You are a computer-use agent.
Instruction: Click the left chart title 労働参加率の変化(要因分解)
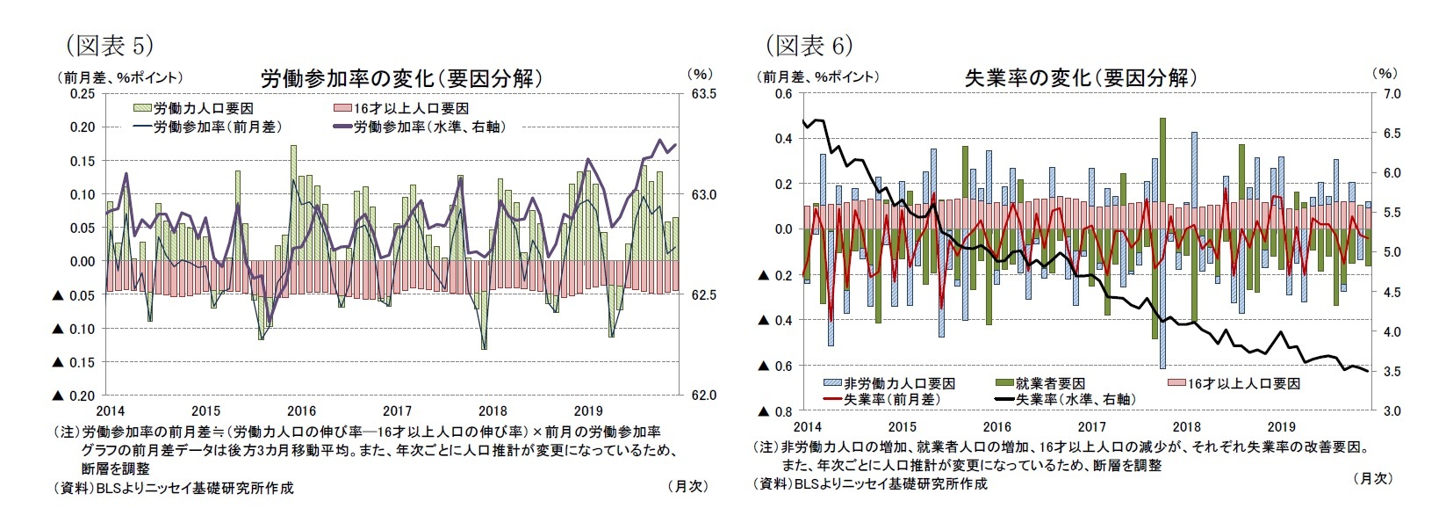(401, 78)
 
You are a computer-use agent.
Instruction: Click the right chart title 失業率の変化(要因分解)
(1081, 77)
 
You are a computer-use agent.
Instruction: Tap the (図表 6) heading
(809, 44)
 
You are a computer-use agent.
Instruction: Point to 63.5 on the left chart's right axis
(704, 93)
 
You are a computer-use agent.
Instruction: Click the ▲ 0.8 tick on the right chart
(773, 411)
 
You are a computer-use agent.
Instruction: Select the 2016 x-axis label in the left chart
(301, 410)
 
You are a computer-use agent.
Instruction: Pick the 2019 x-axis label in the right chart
(1281, 426)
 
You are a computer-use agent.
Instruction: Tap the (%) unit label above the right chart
(1384, 75)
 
